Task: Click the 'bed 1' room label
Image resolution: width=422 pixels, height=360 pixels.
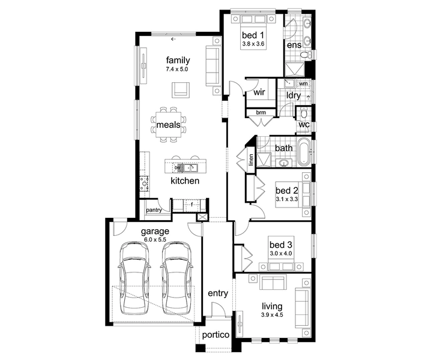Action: coord(253,35)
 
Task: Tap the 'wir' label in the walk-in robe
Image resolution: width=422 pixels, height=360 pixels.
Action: coord(259,92)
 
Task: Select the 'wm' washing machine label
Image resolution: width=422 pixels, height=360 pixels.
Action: coord(303,83)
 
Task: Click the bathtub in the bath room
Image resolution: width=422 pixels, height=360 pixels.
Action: coord(304,152)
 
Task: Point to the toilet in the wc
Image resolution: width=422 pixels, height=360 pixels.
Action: coord(304,113)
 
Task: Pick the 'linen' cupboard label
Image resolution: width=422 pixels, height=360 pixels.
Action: coord(251,160)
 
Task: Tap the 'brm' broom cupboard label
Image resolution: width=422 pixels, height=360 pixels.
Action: coord(261,112)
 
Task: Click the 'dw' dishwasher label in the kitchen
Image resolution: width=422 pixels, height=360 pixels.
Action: coord(177,167)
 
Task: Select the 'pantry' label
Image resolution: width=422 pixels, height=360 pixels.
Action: coord(154,210)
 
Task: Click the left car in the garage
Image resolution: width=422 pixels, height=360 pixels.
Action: coord(134,278)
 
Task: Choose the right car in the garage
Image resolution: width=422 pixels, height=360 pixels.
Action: coord(176,278)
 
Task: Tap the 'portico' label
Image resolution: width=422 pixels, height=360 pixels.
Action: coord(216,335)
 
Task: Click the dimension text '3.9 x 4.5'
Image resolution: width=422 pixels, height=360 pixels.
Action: coord(272,315)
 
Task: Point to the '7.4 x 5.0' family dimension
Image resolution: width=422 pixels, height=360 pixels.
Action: coord(177,69)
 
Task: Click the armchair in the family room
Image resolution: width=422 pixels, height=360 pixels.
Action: coord(181,90)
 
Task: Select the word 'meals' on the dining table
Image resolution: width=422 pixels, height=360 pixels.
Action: coord(169,125)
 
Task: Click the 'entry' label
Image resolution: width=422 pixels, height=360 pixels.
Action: coord(218,293)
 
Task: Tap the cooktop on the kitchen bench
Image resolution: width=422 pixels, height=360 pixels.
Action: coord(145,184)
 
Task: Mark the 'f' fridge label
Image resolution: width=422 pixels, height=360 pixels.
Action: coord(191,205)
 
